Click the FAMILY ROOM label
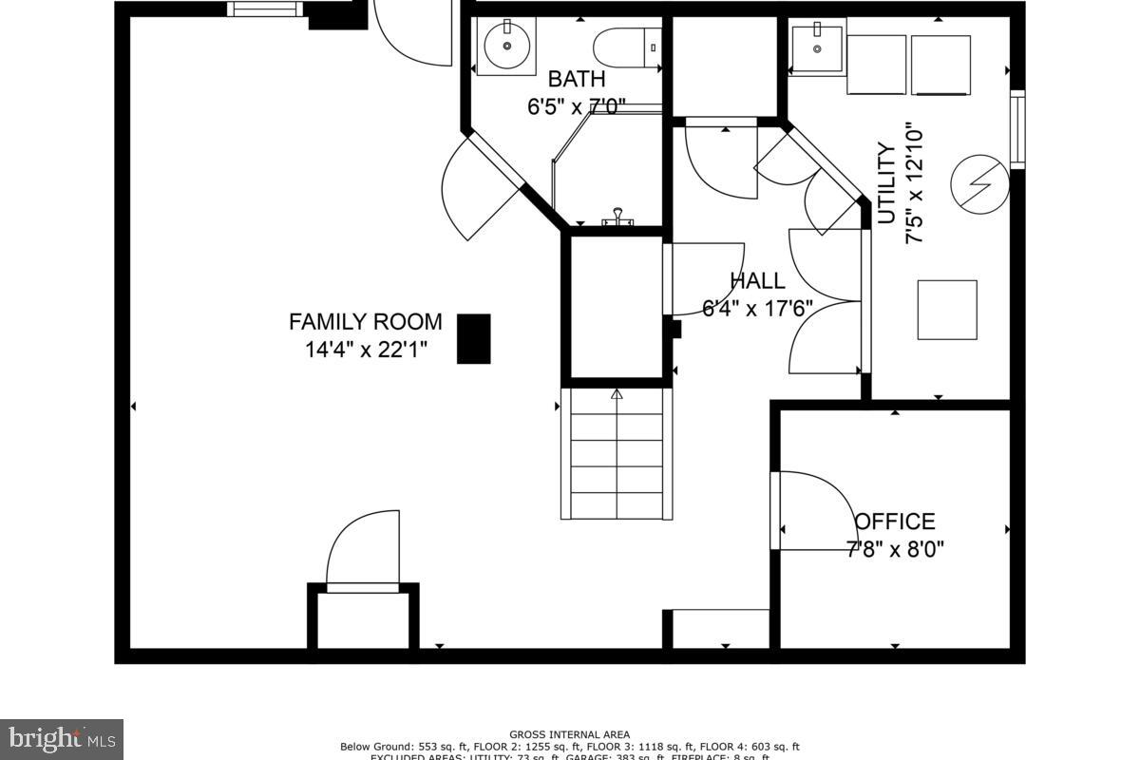(365, 321)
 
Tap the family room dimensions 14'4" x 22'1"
(365, 349)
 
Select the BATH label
(576, 79)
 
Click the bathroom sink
(505, 45)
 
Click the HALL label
(757, 281)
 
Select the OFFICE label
(895, 522)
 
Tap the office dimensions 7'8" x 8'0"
(895, 548)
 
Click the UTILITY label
(886, 182)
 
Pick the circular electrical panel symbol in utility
(982, 180)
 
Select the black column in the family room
(474, 339)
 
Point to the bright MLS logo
(62, 737)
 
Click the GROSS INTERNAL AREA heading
(569, 734)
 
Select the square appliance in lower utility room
(947, 310)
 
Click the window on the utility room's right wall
(1016, 129)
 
